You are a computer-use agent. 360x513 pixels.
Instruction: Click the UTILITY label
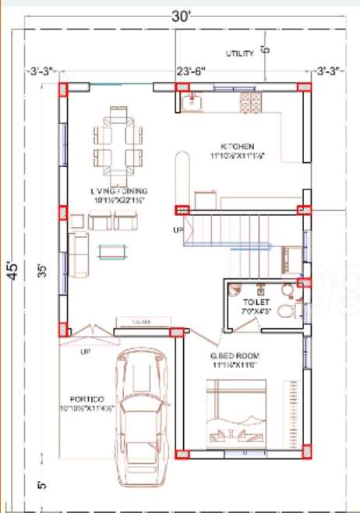click(238, 53)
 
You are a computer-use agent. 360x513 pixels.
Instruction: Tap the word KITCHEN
click(237, 147)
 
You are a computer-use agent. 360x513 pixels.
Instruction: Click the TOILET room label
click(256, 301)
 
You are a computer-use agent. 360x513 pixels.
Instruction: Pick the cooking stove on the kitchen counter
click(252, 101)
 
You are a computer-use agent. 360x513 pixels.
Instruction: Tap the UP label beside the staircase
click(178, 230)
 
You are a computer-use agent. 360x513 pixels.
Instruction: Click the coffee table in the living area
click(114, 250)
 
